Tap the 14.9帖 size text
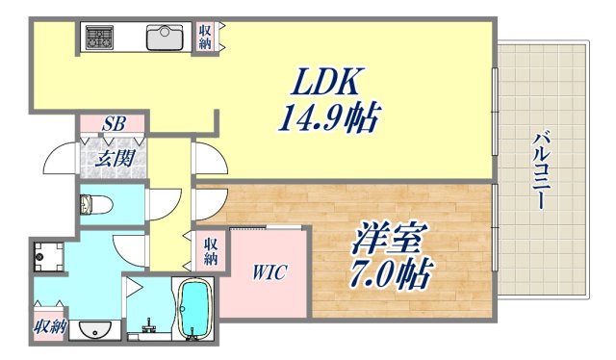pyautogui.click(x=328, y=119)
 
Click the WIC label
pyautogui.click(x=269, y=271)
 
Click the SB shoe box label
pyautogui.click(x=114, y=124)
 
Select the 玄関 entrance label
pyautogui.click(x=114, y=159)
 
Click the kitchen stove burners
pyautogui.click(x=99, y=38)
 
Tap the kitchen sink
pyautogui.click(x=165, y=38)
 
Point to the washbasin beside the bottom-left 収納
pyautogui.click(x=93, y=330)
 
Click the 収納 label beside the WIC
pyautogui.click(x=211, y=252)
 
